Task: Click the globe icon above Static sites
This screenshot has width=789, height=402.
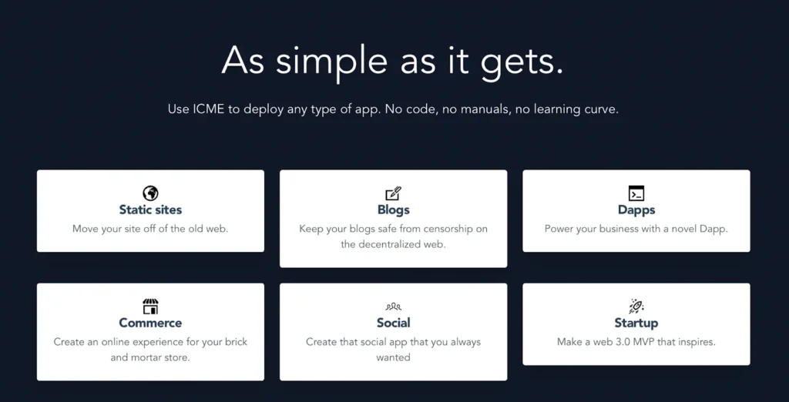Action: click(150, 193)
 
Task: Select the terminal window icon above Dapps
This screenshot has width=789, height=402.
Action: click(636, 193)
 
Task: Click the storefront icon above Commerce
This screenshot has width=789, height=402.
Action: click(150, 307)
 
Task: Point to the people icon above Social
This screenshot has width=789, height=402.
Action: click(394, 307)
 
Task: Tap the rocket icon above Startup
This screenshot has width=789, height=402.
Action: click(636, 307)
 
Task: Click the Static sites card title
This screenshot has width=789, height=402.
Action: click(150, 209)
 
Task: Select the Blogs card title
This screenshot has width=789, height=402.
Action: click(394, 209)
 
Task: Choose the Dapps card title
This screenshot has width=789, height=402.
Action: click(636, 210)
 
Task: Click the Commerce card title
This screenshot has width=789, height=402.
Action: click(150, 323)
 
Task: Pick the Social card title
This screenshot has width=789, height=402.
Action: click(394, 323)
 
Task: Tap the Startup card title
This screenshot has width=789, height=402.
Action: click(636, 323)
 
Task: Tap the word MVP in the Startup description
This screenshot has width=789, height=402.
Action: click(637, 342)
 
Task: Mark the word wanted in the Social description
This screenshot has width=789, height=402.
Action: click(394, 358)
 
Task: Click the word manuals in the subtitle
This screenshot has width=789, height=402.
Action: click(478, 109)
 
